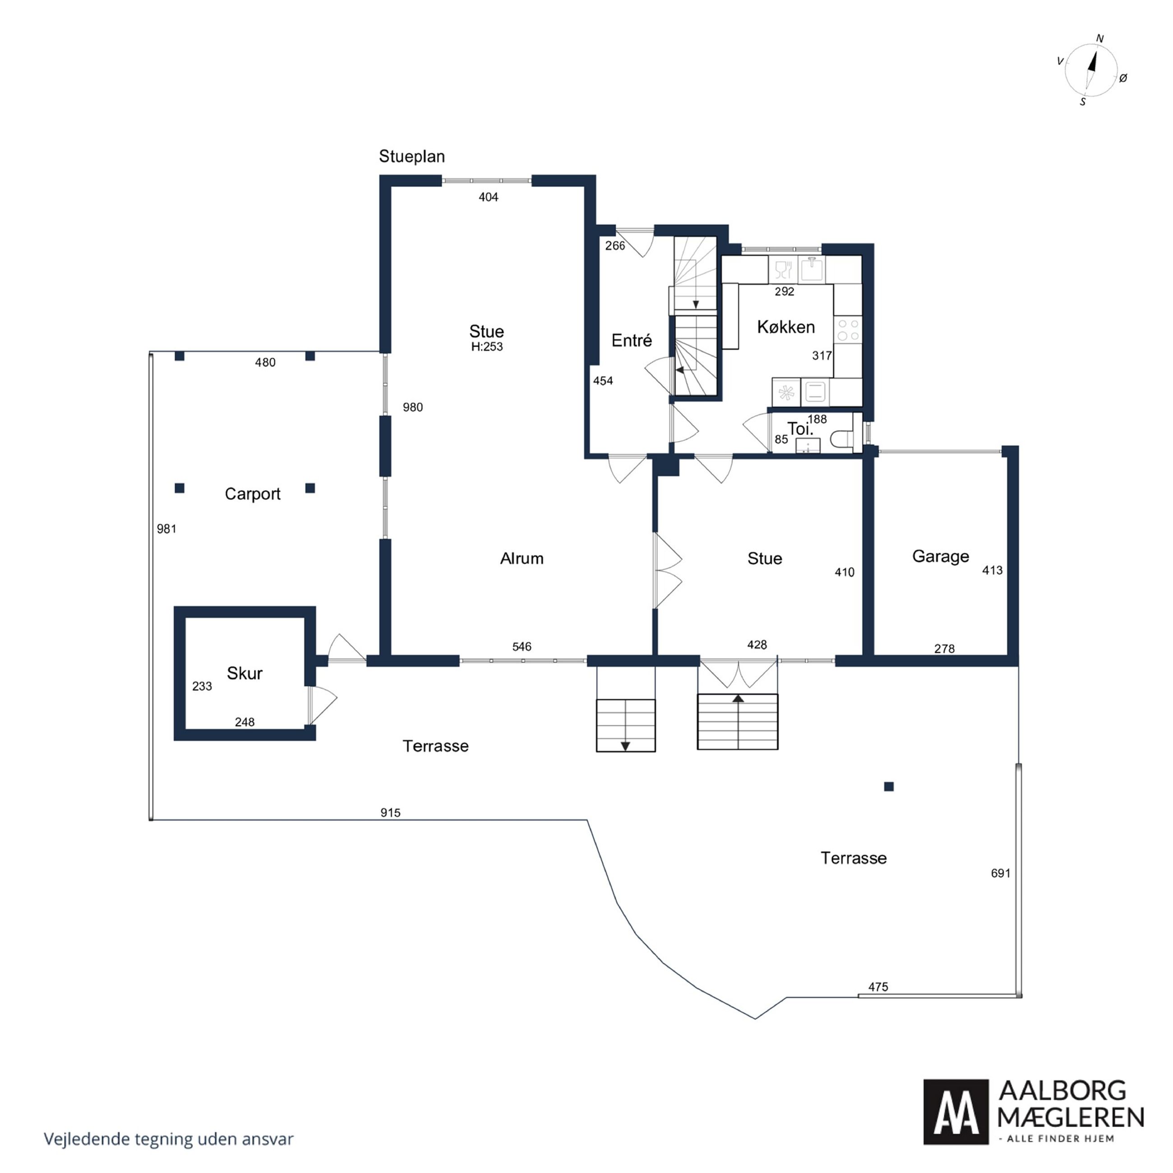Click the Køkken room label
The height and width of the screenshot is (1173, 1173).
(x=785, y=327)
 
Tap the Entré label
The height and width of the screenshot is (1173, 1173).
(x=632, y=341)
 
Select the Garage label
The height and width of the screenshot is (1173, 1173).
(x=941, y=557)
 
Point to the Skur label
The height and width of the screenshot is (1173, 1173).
(x=245, y=673)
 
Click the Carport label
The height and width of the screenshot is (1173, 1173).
(x=253, y=494)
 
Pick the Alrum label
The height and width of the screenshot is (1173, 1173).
(x=522, y=559)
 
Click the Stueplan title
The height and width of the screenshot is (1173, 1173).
(x=411, y=157)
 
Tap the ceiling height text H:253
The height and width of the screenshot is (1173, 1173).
(x=487, y=346)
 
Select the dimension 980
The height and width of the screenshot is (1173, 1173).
(x=413, y=407)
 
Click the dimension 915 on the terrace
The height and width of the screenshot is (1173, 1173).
(x=390, y=813)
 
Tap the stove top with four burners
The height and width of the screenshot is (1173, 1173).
(x=848, y=330)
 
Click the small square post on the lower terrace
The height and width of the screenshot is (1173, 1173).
(x=889, y=787)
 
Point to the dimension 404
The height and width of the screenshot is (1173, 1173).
(x=488, y=197)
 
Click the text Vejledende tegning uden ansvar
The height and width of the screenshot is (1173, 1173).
(x=168, y=1139)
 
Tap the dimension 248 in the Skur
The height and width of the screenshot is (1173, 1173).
(x=245, y=722)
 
